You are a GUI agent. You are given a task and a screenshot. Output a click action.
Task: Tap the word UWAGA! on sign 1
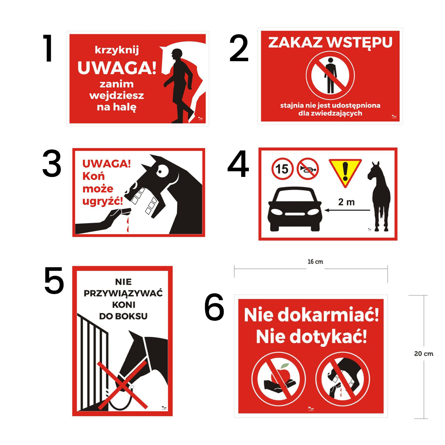pyautogui.click(x=116, y=67)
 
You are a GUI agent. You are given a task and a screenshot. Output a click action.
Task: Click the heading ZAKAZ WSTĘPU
pyautogui.click(x=330, y=42)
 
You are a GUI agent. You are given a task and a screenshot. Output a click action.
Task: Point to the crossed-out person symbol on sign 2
pyautogui.click(x=330, y=76)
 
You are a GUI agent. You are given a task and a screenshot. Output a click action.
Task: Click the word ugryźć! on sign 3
pyautogui.click(x=102, y=201)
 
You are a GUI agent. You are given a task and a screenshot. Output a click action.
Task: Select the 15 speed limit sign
pyautogui.click(x=282, y=169)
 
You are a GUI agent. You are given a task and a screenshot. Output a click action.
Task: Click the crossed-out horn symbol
pyautogui.click(x=308, y=169)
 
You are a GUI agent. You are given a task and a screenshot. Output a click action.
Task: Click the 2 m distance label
pyautogui.click(x=346, y=202)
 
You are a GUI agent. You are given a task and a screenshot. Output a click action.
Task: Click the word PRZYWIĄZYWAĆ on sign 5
pyautogui.click(x=123, y=293)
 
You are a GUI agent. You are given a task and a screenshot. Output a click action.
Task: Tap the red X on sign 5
pyautogui.click(x=122, y=384)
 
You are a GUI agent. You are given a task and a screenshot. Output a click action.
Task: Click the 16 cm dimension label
pyautogui.click(x=315, y=261)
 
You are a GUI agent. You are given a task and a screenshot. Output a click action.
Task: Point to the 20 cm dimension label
pyautogui.click(x=423, y=353)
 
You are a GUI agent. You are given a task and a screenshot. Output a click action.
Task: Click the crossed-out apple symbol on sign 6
pyautogui.click(x=278, y=378)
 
